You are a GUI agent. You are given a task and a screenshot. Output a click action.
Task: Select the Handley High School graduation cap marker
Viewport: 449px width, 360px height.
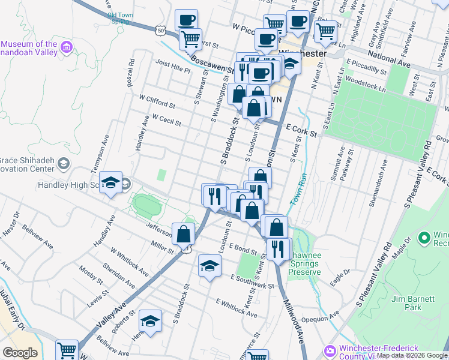point(110,184)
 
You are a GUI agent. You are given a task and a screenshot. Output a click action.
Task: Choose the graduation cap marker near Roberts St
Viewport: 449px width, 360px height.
point(150,321)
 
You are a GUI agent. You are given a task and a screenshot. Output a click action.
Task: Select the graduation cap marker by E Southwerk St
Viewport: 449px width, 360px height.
point(209,265)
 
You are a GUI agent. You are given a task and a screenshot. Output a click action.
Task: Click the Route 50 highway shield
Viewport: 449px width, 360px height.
point(160,29)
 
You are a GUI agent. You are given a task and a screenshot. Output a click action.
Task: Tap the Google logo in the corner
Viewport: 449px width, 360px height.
point(19,353)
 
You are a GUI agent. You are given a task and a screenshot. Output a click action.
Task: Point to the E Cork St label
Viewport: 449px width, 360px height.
point(301,129)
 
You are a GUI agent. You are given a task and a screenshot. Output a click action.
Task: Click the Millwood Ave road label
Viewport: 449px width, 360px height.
point(295,320)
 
